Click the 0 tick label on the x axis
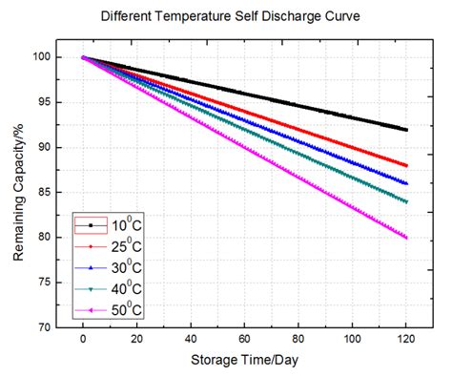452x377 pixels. point(83,339)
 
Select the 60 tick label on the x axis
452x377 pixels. point(245,339)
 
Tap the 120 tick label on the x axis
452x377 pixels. point(407,339)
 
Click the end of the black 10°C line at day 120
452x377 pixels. point(407,130)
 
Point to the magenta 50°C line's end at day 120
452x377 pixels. point(407,238)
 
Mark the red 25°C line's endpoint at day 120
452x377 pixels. point(407,166)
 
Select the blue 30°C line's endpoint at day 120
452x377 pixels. point(407,183)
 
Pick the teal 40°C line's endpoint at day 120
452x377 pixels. point(407,201)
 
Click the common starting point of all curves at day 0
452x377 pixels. point(83,58)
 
